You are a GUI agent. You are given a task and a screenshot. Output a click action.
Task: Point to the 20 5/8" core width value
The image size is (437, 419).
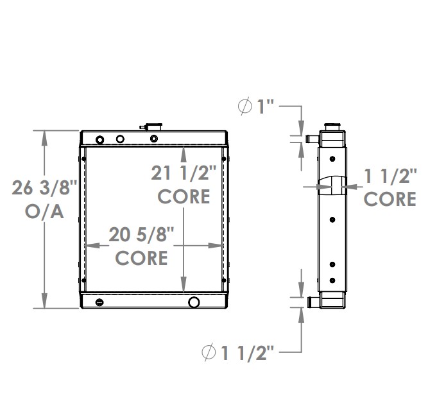pos(141,235)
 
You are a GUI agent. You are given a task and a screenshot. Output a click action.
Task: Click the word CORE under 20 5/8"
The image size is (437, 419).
pos(141,257)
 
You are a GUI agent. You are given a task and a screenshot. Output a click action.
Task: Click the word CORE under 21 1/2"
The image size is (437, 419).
pos(184,196)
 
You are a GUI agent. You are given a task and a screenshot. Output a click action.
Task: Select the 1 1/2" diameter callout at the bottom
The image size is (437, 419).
pos(238,352)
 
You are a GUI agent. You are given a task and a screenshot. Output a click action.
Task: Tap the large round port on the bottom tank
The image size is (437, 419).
pos(194,302)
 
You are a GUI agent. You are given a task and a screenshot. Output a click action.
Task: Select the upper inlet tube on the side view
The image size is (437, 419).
pos(312,137)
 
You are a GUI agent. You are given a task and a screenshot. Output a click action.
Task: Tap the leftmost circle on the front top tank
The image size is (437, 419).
pos(99,140)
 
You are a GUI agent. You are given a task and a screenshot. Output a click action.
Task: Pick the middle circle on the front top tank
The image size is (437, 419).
pos(120,139)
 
